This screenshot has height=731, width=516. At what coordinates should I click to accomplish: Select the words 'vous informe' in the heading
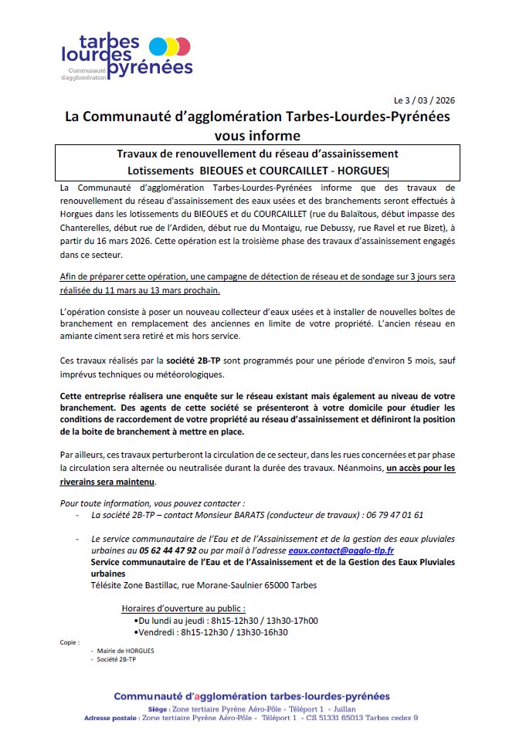[258, 135]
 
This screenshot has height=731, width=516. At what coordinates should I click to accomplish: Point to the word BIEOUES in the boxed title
[226, 171]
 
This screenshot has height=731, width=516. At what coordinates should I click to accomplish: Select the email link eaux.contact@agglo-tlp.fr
[341, 550]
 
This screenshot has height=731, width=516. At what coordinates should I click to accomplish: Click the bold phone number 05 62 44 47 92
[168, 550]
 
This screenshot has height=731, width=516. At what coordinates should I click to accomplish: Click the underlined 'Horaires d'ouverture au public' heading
[184, 608]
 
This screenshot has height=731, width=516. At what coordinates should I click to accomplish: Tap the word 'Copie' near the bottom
[70, 642]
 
